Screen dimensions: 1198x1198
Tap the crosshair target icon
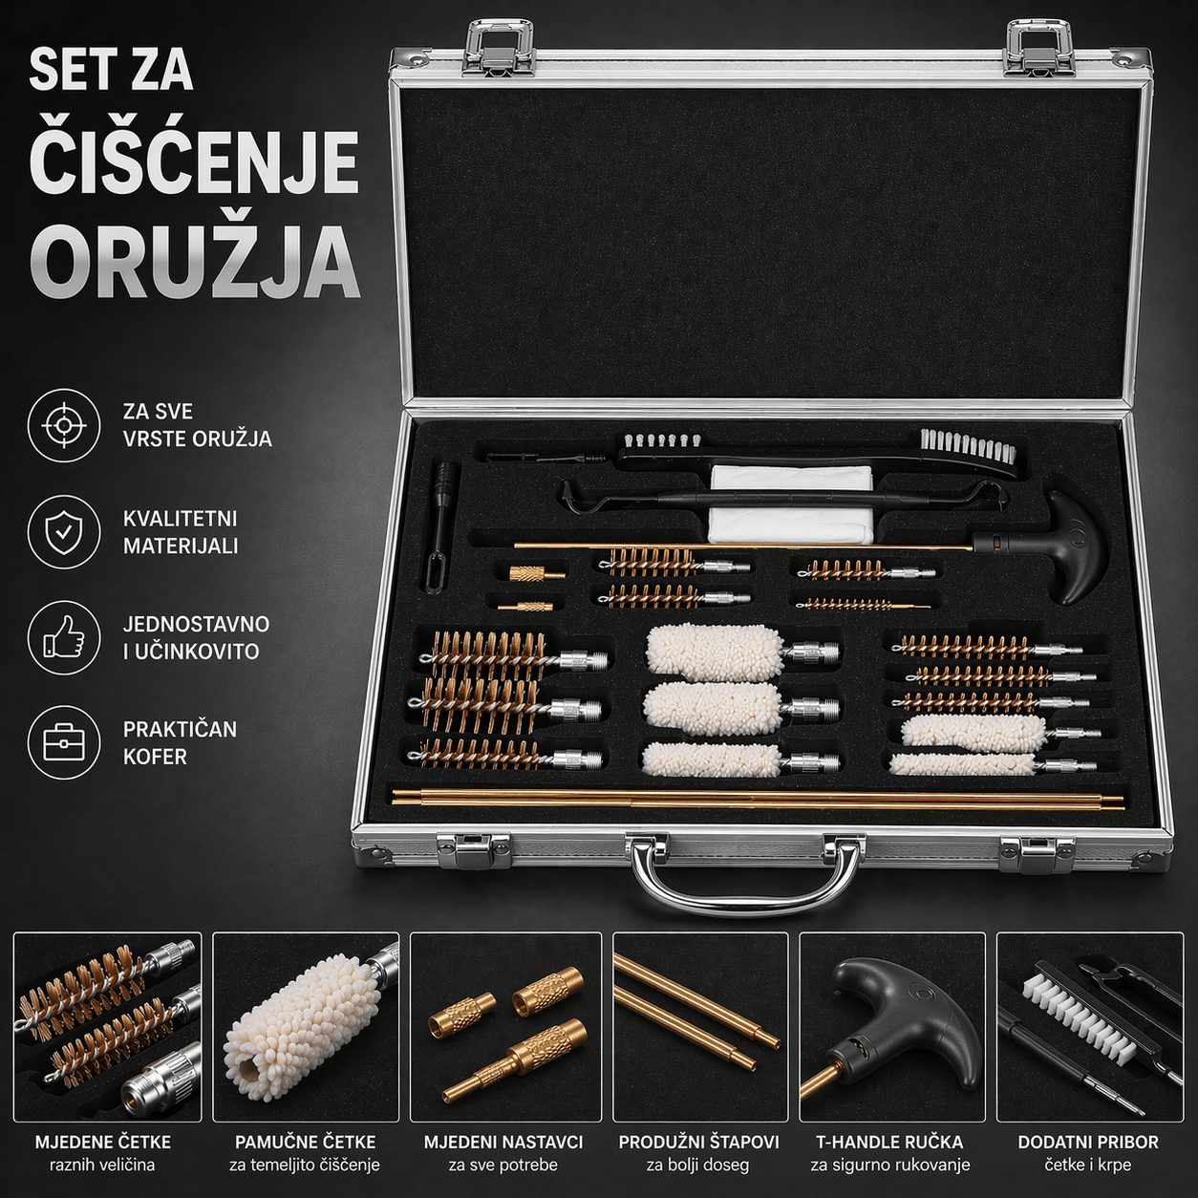pyautogui.click(x=63, y=426)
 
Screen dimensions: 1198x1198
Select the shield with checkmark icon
pyautogui.click(x=63, y=532)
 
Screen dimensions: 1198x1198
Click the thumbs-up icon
pyautogui.click(x=63, y=638)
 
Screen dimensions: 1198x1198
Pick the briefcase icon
pyautogui.click(x=63, y=743)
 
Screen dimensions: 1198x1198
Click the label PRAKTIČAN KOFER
pyautogui.click(x=180, y=743)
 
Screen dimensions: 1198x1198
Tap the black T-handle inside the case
pyautogui.click(x=1057, y=547)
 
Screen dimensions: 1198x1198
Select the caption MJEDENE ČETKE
pyautogui.click(x=102, y=1142)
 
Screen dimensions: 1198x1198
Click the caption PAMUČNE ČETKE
pyautogui.click(x=306, y=1142)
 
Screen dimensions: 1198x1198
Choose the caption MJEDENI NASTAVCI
pyautogui.click(x=503, y=1142)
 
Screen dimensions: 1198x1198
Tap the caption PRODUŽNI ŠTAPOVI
pyautogui.click(x=698, y=1142)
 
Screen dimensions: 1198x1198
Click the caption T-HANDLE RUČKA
pyautogui.click(x=889, y=1142)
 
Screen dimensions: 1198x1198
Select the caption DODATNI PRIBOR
pyautogui.click(x=1088, y=1142)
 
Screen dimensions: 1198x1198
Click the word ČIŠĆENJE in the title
pyautogui.click(x=194, y=162)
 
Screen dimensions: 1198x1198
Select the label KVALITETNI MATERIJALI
pyautogui.click(x=181, y=532)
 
